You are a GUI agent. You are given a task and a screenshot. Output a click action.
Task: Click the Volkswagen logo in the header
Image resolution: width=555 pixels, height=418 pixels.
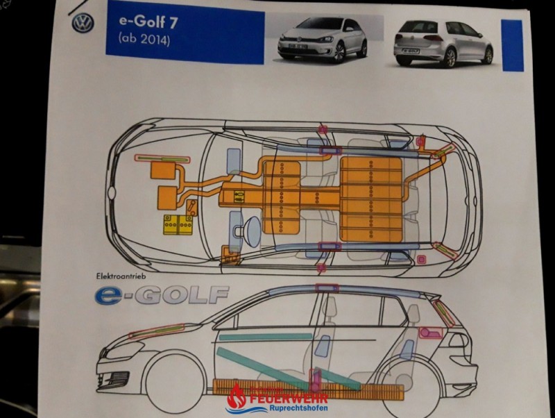(x=83, y=24)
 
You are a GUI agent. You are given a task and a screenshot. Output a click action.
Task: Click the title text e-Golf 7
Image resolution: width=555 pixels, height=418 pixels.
(x=148, y=22)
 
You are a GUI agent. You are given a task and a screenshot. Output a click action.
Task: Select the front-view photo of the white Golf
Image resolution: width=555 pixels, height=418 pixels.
(x=323, y=40)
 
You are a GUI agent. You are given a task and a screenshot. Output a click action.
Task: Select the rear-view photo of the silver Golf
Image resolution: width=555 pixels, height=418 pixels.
(x=443, y=42)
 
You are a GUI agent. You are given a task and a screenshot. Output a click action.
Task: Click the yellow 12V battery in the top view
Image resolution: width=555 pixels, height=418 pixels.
(x=178, y=225)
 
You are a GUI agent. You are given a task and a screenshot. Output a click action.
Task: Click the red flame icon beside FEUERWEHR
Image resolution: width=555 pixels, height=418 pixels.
(x=237, y=397)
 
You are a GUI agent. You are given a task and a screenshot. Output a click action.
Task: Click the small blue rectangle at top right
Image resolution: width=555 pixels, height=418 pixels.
(x=511, y=46)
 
